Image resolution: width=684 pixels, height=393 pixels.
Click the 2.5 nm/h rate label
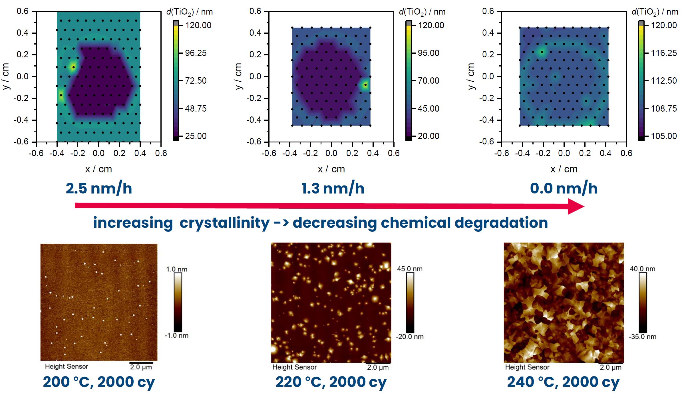point(99,188)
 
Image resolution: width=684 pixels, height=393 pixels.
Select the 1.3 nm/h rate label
point(333,188)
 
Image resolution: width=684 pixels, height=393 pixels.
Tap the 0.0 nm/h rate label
point(564,188)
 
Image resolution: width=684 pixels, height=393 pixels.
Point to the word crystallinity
point(224,223)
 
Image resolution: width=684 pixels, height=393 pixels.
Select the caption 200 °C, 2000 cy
point(99,382)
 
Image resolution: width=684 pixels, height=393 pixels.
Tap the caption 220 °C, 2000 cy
point(331,382)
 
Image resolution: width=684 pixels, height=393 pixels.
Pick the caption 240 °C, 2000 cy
point(563,382)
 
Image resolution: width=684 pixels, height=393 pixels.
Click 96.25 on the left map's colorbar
point(196,53)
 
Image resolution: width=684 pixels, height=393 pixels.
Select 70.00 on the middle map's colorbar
point(428,81)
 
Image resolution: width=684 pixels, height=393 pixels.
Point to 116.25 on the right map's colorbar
point(664,53)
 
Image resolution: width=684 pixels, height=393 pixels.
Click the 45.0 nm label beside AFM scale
point(410,269)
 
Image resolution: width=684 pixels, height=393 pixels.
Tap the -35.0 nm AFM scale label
point(642,337)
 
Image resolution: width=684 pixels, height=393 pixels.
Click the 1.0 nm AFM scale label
point(177,269)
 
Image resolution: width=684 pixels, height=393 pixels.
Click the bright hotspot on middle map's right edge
point(365,85)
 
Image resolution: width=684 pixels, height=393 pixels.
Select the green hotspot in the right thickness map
point(542,52)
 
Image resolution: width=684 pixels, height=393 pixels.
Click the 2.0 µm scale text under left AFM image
point(141,367)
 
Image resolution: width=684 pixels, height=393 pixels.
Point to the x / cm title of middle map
point(331,169)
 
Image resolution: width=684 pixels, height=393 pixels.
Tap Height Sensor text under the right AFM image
point(527,367)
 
